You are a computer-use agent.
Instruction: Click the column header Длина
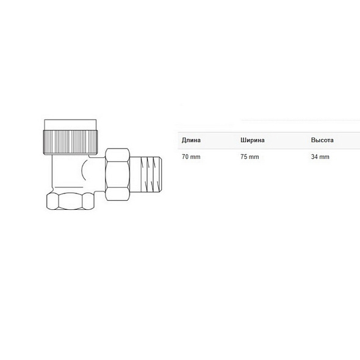[x=191, y=140]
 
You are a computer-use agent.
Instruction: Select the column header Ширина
[x=253, y=140]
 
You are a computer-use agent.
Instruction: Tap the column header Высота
[x=322, y=140]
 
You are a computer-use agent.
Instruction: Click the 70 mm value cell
[x=191, y=157]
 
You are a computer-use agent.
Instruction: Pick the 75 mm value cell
[x=250, y=157]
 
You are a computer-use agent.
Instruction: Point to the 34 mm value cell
[x=320, y=157]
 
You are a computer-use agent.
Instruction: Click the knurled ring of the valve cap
[x=70, y=142]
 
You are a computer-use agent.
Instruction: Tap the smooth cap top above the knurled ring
[x=70, y=124]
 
